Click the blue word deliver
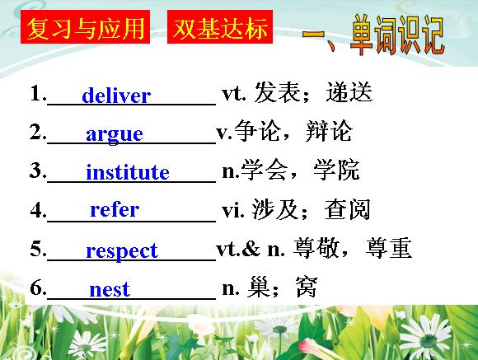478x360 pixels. point(116,95)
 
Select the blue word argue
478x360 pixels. point(115,135)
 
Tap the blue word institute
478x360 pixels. point(128,172)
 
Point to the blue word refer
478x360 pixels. point(115,210)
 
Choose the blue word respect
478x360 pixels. point(122,251)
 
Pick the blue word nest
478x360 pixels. point(110,289)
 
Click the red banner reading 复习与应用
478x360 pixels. point(86,27)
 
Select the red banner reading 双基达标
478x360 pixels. point(220,27)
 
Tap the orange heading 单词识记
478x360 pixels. point(397,35)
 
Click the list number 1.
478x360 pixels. point(38,92)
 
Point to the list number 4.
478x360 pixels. point(38,210)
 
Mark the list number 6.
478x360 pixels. point(38,288)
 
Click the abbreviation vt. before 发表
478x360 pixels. point(234,94)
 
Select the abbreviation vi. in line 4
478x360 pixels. point(233,210)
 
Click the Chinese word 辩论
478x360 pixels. point(329,131)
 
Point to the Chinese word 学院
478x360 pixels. point(336,170)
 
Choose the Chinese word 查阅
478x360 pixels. point(348,209)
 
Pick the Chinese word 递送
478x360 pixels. point(349,91)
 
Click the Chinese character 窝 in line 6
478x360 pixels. point(307,287)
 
